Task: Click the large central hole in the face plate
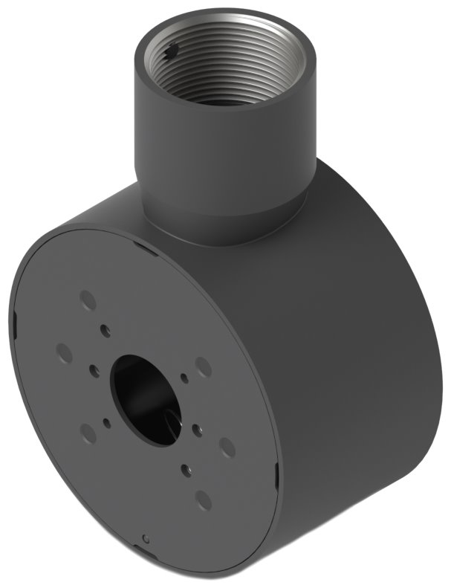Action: [145, 398]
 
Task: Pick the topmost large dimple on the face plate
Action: [88, 300]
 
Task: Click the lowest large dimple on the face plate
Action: [203, 500]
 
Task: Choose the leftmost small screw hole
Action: [94, 369]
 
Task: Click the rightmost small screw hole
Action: [198, 430]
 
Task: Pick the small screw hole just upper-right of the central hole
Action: [184, 378]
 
